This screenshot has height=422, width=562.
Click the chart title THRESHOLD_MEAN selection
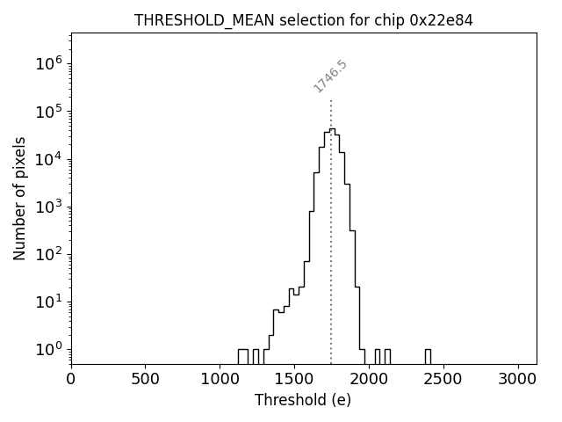pos(249,20)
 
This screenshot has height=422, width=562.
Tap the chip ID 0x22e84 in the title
pos(441,20)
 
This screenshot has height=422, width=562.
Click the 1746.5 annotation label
pos(330,76)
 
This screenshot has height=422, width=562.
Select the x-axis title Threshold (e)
pos(303,400)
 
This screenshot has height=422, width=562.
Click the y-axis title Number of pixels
pos(19,199)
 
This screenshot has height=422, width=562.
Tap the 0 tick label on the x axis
pos(71,379)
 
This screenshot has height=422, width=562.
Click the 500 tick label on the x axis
pos(145,379)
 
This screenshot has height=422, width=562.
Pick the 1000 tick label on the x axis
pos(220,379)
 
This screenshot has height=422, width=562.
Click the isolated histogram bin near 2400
pos(428,356)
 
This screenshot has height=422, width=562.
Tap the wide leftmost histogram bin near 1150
pos(243,356)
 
